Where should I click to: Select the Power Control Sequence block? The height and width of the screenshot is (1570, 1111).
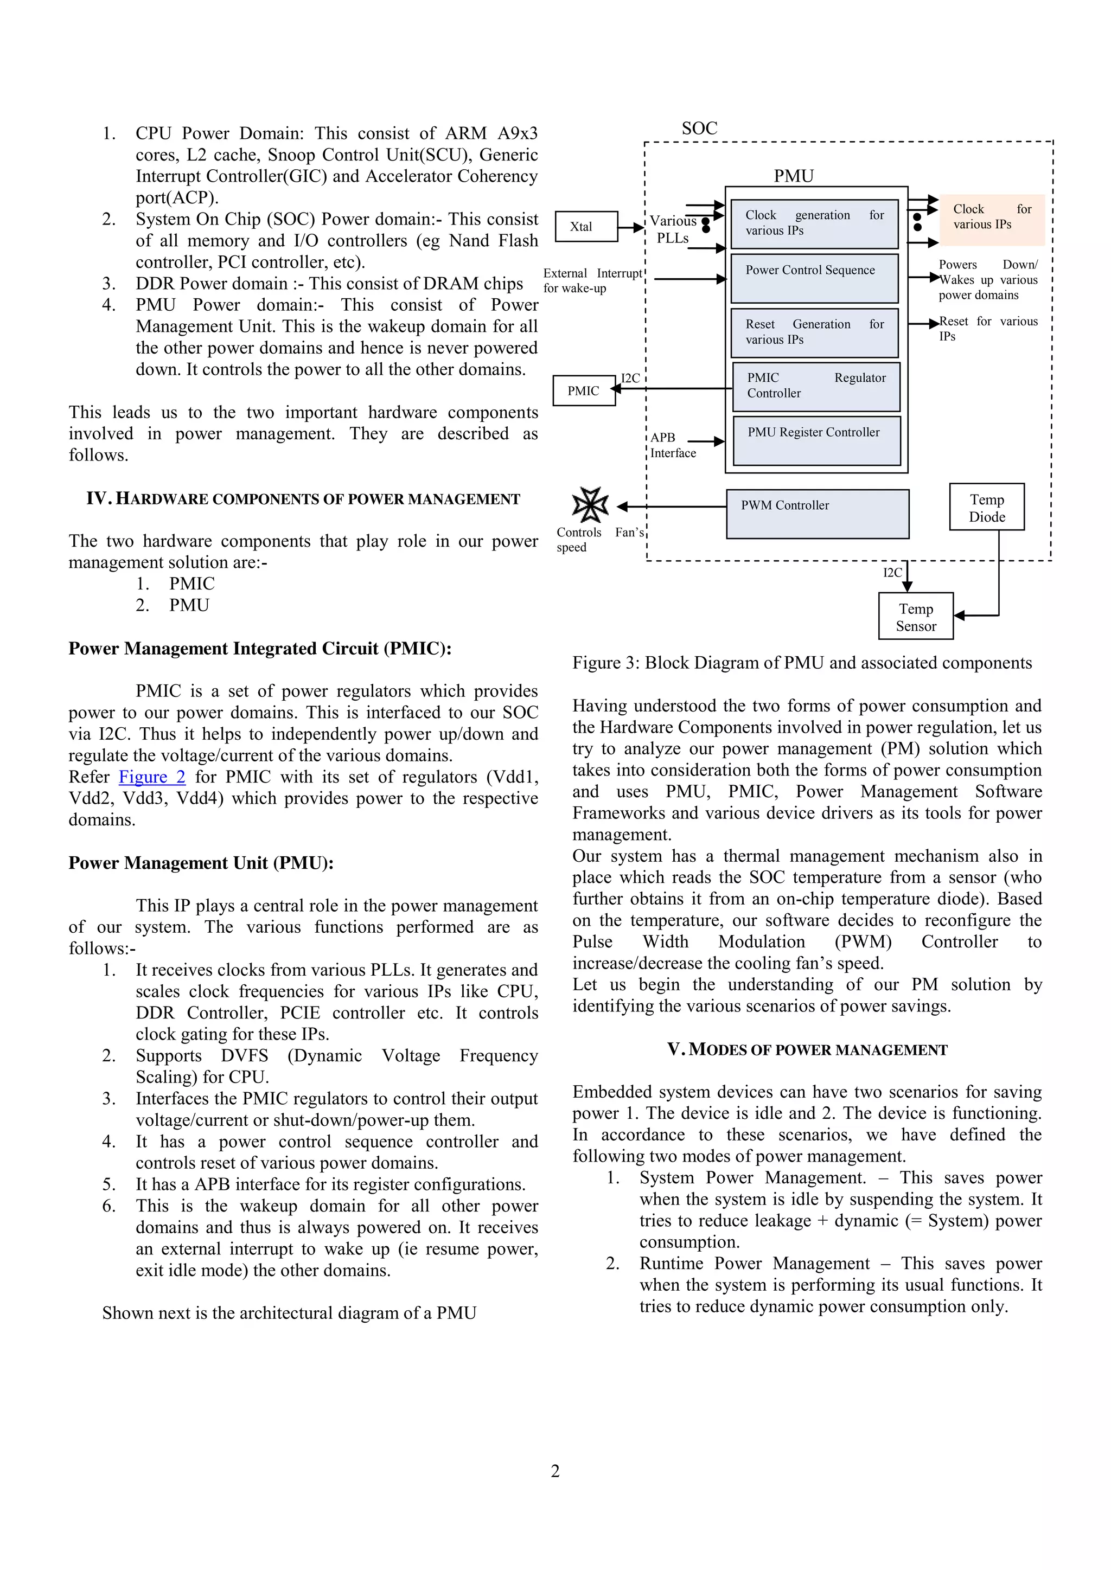[814, 278]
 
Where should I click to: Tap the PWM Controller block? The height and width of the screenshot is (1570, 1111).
[818, 514]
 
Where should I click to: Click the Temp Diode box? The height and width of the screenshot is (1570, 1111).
[986, 508]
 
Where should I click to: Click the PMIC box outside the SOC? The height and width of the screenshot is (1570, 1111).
[584, 390]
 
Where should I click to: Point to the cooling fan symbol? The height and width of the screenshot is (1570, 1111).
[590, 505]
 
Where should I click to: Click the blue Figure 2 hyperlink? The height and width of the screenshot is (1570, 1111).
[152, 777]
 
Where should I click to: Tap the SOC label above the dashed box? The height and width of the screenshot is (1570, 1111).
[699, 129]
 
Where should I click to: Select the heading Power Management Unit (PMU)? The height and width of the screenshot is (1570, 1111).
[200, 863]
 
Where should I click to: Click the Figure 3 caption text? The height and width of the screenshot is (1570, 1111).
[802, 663]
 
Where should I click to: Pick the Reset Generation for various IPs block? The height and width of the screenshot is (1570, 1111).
[814, 332]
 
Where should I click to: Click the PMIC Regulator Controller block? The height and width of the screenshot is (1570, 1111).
[816, 386]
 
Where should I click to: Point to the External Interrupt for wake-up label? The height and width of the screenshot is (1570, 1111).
[592, 280]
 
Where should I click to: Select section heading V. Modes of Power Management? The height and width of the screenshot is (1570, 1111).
[807, 1049]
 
